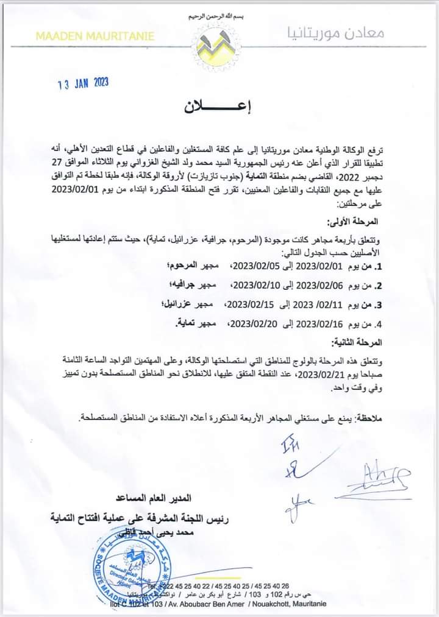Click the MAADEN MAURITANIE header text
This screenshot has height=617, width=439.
coord(95,37)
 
